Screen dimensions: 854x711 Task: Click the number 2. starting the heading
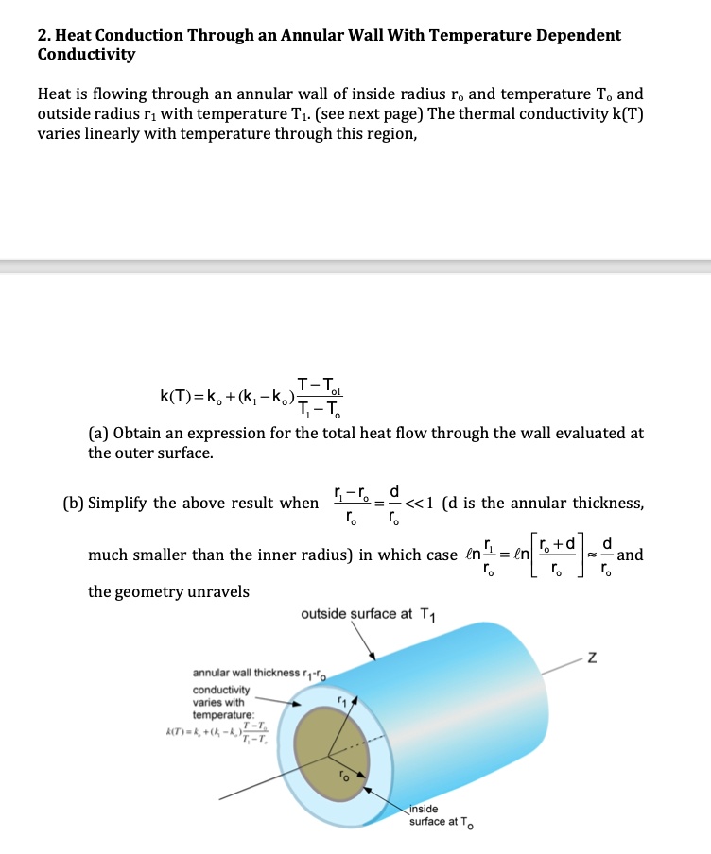coord(44,35)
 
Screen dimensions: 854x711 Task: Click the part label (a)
coord(98,433)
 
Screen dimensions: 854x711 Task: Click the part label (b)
coord(99,503)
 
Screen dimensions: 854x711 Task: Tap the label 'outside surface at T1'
coord(362,614)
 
